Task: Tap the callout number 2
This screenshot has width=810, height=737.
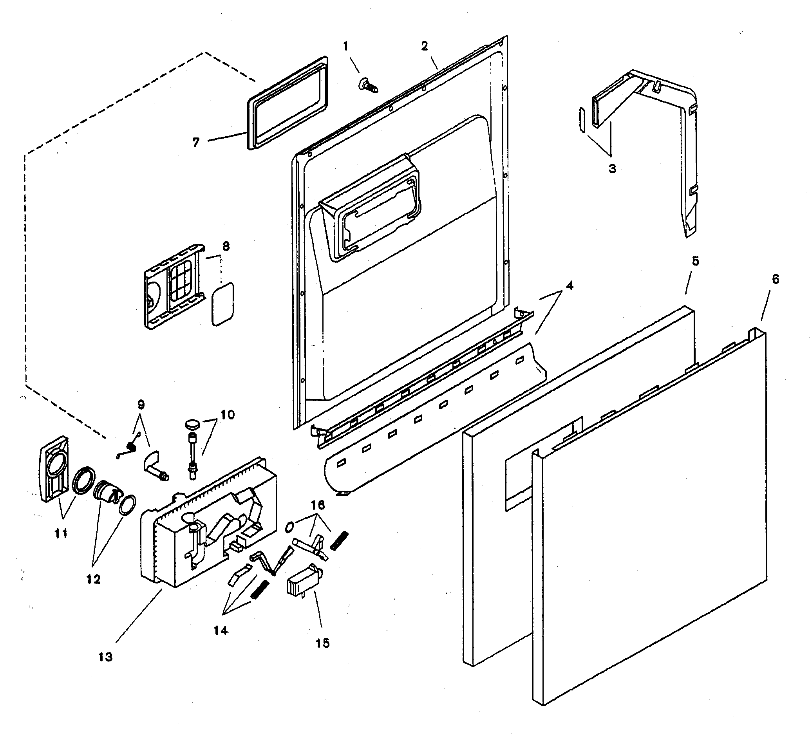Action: [425, 46]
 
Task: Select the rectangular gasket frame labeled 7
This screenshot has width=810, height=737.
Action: [287, 104]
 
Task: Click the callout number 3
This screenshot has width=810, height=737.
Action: [612, 168]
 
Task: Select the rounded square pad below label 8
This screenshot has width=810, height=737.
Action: [222, 304]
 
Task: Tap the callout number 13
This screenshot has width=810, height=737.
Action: [105, 657]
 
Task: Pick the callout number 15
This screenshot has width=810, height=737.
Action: [322, 643]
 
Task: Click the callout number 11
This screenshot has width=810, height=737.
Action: [61, 533]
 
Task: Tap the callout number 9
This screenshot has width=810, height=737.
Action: [141, 404]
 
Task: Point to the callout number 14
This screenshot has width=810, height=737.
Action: [220, 630]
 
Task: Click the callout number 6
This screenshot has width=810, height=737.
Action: [775, 279]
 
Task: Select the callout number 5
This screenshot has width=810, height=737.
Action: [695, 261]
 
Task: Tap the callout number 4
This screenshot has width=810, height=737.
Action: [569, 285]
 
